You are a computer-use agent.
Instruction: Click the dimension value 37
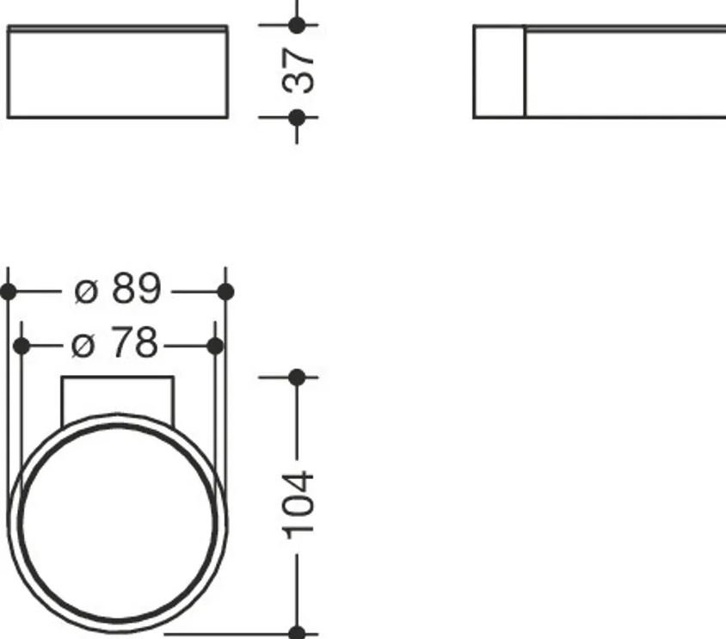[x=298, y=71]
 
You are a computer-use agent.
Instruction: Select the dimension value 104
[x=298, y=506]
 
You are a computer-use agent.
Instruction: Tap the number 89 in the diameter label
[x=137, y=288]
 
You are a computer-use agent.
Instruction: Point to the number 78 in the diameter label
[x=134, y=342]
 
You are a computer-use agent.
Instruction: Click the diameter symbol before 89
[x=86, y=292]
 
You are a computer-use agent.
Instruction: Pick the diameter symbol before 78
[x=83, y=346]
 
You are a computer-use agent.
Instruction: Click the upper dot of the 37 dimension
[x=297, y=25]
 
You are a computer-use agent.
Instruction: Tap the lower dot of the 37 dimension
[x=297, y=118]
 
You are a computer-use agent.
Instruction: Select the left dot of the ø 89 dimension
[x=8, y=292]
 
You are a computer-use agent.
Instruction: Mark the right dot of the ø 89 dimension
[x=225, y=292]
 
